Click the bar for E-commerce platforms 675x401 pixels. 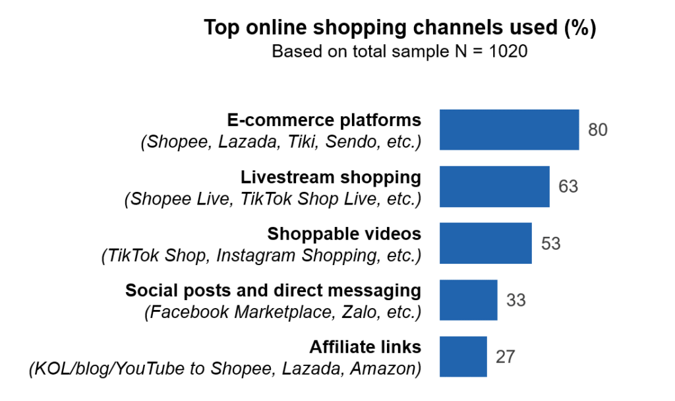click(509, 130)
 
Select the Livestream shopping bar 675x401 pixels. click(494, 187)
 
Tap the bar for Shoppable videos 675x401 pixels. click(485, 243)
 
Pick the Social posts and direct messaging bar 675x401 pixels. click(468, 300)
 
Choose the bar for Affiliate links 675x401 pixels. click(463, 357)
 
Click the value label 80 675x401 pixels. click(598, 130)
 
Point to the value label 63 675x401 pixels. click(568, 187)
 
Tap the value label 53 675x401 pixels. click(550, 243)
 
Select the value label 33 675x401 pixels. click(516, 300)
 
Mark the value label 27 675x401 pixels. click(506, 357)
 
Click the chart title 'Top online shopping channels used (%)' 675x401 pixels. click(399, 28)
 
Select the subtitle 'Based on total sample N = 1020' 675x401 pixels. click(399, 51)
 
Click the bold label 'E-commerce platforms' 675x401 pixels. click(324, 120)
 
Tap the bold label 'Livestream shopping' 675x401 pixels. click(330, 177)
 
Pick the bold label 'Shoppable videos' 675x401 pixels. click(343, 233)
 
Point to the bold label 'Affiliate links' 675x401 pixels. click(365, 347)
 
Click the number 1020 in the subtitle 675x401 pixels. click(508, 51)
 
